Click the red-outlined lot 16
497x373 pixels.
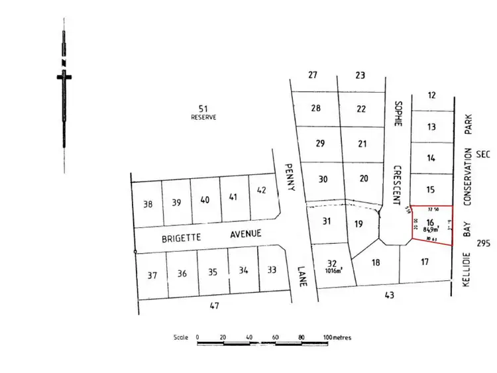click(x=431, y=225)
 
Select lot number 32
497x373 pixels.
click(x=332, y=262)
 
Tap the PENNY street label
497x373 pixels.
click(x=288, y=177)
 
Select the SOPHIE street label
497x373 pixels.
click(x=398, y=113)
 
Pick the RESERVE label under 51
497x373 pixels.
click(x=203, y=117)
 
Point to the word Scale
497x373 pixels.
click(x=181, y=337)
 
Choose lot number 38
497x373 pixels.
click(x=148, y=204)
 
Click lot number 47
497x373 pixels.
click(x=214, y=305)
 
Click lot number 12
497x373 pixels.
click(x=432, y=95)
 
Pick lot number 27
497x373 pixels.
click(x=313, y=75)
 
